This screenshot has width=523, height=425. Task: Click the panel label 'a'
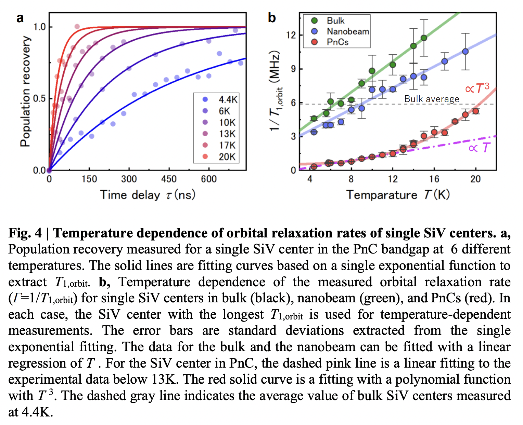(20, 18)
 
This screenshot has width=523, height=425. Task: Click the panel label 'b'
(272, 18)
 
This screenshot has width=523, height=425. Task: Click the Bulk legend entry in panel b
(335, 21)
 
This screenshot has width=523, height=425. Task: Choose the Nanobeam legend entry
(347, 31)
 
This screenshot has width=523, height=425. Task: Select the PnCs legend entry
(337, 42)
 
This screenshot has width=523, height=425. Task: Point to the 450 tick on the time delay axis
(169, 179)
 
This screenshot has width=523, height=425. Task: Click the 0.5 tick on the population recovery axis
(40, 99)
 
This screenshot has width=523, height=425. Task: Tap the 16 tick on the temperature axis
(434, 179)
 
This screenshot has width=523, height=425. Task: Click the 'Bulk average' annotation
(432, 99)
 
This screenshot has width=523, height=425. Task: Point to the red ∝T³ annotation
(477, 88)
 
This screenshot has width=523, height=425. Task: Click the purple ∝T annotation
(479, 148)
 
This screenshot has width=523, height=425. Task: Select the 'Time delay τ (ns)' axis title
(148, 195)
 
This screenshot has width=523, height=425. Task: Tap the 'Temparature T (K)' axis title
(398, 195)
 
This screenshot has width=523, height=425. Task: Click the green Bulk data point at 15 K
(424, 38)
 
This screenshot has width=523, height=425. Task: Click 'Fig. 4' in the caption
(25, 233)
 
